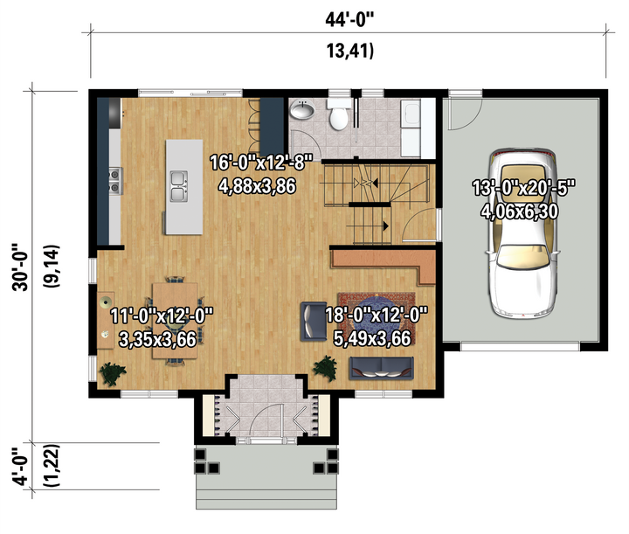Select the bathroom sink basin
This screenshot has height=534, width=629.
point(302,109)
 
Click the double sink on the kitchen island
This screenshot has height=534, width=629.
point(178,186)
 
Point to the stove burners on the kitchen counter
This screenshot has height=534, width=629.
point(114,181)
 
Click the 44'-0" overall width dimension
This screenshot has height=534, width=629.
point(349,19)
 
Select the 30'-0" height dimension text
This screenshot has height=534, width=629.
point(20,267)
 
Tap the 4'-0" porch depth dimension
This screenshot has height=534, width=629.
point(20,466)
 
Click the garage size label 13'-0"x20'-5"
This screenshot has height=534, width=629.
point(524,188)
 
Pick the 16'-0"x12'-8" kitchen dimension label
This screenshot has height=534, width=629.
point(261,163)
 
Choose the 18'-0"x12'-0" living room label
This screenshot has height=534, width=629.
point(377,315)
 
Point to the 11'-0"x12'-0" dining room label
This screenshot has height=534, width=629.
point(162,316)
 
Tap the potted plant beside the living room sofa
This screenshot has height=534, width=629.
point(326,368)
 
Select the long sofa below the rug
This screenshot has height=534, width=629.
point(381,368)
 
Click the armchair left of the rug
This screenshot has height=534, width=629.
point(314,322)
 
